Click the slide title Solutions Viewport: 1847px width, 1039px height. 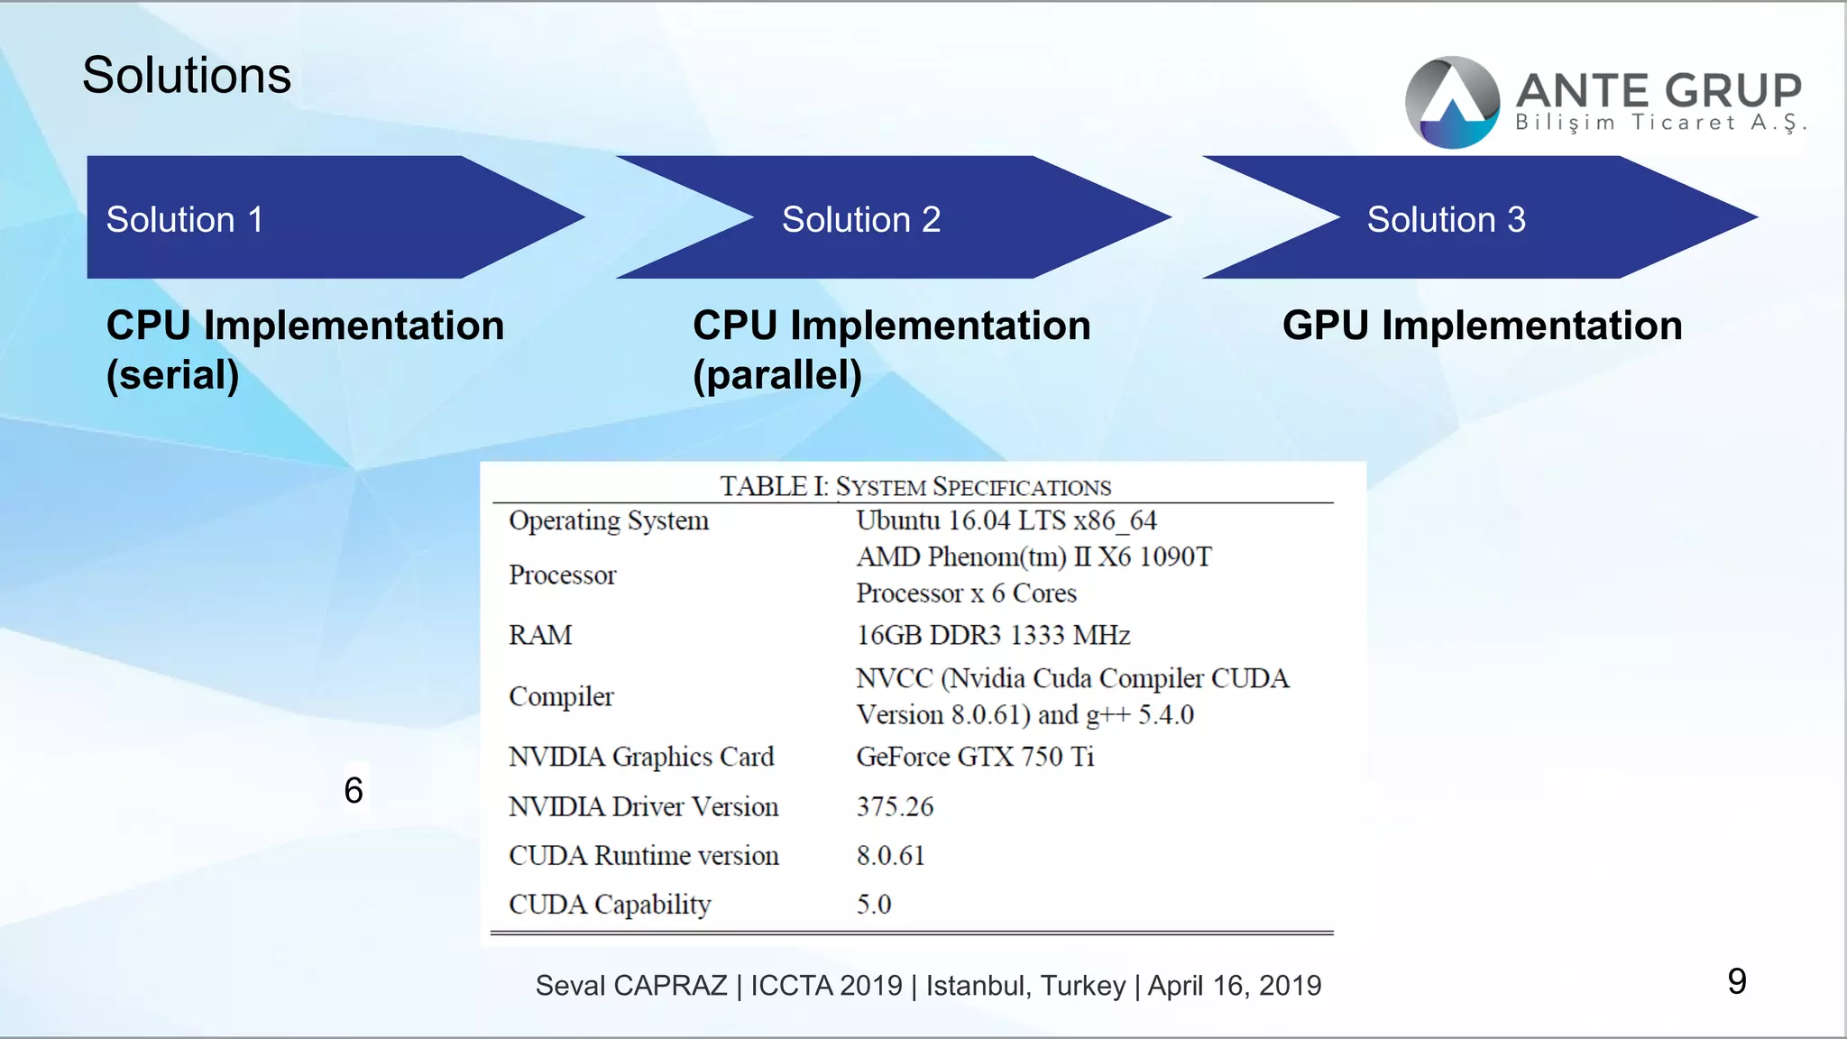187,75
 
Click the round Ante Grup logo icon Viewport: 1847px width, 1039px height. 1452,102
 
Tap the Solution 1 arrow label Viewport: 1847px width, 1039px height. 185,219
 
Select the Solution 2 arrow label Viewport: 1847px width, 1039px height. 860,219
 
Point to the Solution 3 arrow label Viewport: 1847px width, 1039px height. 1446,219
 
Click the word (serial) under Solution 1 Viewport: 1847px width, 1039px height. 173,374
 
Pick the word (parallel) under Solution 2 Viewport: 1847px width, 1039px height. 777,374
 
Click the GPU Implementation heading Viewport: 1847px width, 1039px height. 1482,326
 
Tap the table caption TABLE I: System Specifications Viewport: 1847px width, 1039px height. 914,487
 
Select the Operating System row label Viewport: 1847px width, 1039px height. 609,520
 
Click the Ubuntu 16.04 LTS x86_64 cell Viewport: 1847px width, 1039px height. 1006,520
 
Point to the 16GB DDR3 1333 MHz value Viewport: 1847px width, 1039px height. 993,635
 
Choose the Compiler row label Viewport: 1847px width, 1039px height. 561,696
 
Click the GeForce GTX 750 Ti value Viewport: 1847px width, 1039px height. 975,756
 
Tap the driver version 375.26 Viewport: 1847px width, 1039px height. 895,806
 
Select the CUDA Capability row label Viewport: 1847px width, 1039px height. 610,904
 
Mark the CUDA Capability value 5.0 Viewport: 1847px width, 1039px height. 873,904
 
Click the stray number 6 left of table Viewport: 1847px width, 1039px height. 354,790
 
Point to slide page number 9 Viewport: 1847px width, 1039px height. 1736,981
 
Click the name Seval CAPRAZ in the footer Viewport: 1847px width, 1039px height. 630,985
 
